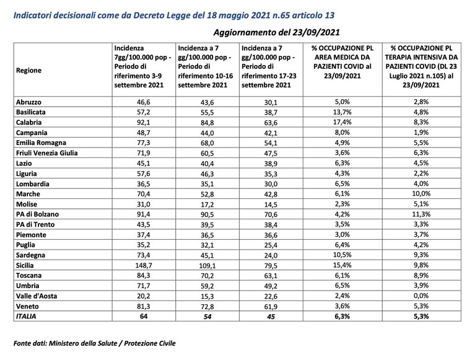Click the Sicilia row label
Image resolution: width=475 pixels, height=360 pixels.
point(25,265)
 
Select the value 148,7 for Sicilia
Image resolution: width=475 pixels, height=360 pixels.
point(144,266)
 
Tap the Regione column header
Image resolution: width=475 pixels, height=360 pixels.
point(28,70)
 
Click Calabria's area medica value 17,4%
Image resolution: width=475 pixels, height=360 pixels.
point(342,122)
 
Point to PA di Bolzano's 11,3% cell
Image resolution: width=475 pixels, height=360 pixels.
point(421,214)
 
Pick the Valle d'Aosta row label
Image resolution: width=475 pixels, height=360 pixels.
point(37,296)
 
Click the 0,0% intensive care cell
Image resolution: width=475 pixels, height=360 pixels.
point(421,296)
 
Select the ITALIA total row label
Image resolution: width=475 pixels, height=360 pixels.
point(26,317)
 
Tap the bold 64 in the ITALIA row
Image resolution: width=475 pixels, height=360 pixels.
point(144,317)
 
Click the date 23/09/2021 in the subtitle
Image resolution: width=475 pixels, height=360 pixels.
point(316,32)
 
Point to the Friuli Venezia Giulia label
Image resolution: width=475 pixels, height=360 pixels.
point(46,153)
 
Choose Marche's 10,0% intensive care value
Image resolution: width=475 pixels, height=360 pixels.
point(421,194)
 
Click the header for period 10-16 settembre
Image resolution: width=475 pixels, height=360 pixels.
point(206,66)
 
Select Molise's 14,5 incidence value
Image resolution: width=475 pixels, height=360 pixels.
point(271,204)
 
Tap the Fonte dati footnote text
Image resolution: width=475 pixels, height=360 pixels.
point(95,343)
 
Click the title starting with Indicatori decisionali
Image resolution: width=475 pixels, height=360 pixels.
point(174,15)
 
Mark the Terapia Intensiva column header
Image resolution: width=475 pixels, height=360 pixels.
point(421,66)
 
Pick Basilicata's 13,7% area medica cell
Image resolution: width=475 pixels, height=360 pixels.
point(342,112)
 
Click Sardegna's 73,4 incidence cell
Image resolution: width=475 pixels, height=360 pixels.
point(144,255)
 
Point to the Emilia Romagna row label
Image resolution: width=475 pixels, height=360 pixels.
point(41,143)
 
